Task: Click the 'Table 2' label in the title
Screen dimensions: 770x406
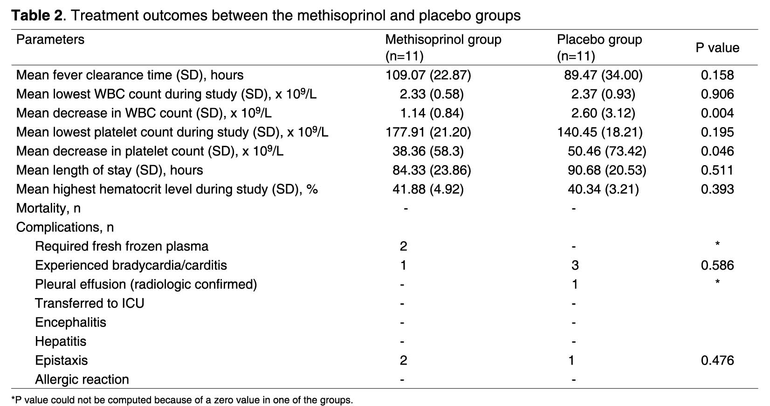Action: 37,15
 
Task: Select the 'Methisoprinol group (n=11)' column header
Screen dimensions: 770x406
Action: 443,47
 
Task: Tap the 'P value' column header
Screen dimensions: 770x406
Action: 717,48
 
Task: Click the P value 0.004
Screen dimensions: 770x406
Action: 717,113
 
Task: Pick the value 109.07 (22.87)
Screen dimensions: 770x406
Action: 428,75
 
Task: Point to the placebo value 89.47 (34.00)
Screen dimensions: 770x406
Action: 603,75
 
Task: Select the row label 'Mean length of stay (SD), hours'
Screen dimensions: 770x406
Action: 110,170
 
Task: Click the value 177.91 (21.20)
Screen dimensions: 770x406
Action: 428,132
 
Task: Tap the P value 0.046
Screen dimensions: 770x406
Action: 717,151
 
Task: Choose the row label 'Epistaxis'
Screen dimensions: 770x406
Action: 61,361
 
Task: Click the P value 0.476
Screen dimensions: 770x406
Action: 717,360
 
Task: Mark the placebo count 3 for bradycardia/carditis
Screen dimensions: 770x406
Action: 575,265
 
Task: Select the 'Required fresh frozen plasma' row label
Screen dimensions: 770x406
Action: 122,246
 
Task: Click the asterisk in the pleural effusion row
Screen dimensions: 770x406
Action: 717,282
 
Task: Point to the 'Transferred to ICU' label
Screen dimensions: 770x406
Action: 89,303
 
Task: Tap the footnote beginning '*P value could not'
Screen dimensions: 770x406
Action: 182,400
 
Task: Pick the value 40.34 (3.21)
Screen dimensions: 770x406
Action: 603,189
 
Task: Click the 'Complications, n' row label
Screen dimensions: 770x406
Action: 65,227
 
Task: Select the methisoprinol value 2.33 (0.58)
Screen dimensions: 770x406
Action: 432,94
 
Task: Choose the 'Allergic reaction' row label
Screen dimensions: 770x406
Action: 82,379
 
